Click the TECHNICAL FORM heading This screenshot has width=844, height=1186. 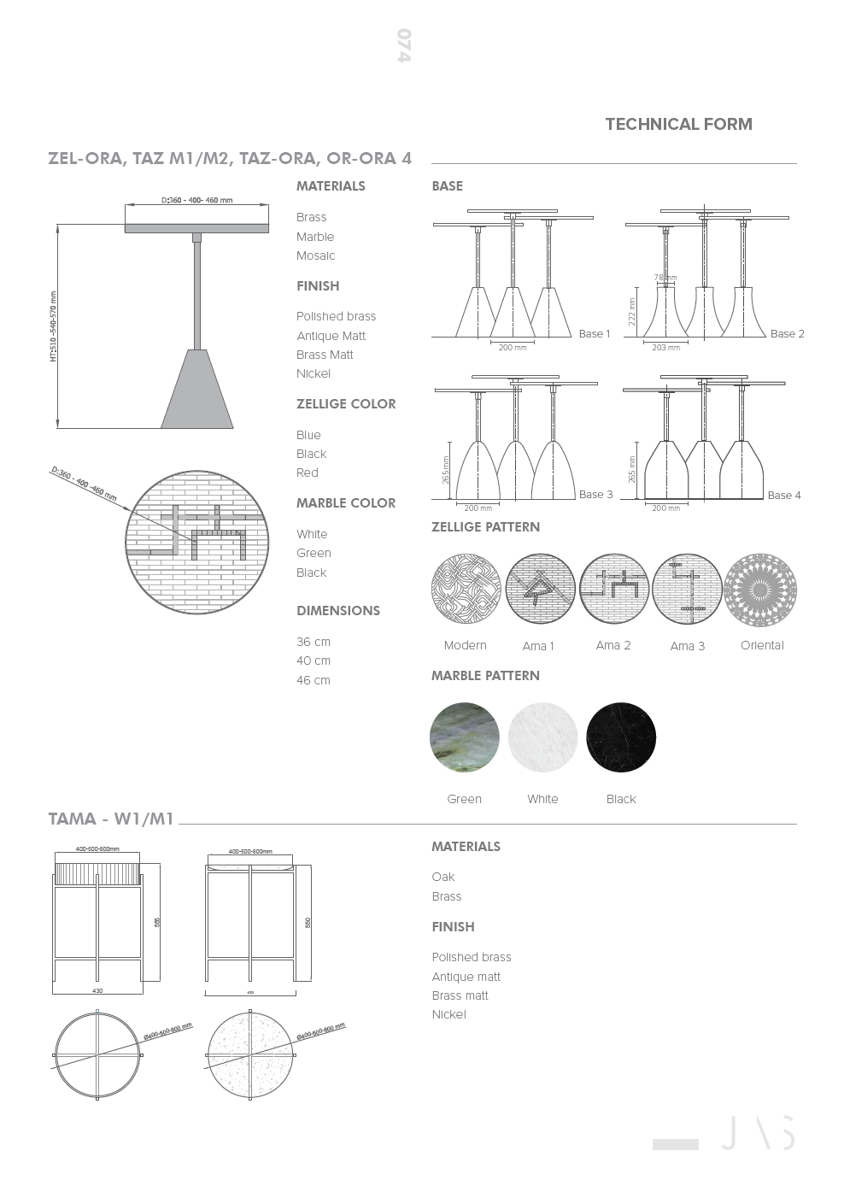tap(678, 124)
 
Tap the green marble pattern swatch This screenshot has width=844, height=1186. tap(464, 738)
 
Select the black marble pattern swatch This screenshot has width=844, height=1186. tap(621, 737)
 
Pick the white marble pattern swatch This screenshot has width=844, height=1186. tap(542, 737)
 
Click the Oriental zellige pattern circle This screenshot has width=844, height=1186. tap(760, 590)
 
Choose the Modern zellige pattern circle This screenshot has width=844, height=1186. tap(466, 590)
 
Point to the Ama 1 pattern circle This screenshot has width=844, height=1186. tap(540, 590)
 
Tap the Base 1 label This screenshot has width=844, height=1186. tap(595, 334)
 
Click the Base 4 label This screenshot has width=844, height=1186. tap(784, 496)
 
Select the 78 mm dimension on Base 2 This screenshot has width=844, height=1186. tap(665, 278)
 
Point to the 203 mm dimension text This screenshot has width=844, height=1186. tap(666, 348)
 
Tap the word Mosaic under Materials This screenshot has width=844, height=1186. tap(315, 255)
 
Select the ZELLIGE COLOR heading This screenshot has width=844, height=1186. tap(346, 404)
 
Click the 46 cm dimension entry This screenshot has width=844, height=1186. tap(314, 680)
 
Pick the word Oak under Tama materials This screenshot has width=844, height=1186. tap(443, 877)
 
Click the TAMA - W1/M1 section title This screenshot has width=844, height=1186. tap(111, 819)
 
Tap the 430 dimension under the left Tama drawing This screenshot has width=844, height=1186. tap(97, 991)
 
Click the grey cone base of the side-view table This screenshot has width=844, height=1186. tap(197, 390)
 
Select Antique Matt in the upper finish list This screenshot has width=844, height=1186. tap(331, 336)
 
